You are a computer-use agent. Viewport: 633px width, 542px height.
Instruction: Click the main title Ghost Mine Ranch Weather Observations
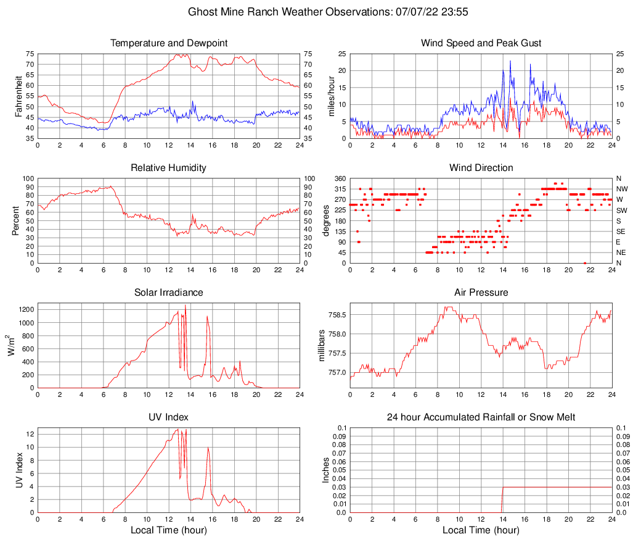[x=316, y=12]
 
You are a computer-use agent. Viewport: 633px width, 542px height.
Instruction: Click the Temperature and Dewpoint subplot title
[x=169, y=43]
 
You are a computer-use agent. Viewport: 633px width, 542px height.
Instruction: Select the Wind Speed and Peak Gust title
[x=481, y=43]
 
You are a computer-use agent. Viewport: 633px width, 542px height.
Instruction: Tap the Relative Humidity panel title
[x=169, y=168]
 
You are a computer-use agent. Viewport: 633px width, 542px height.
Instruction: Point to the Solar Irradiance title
[x=169, y=293]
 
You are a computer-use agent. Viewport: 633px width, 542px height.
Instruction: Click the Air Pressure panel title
[x=481, y=293]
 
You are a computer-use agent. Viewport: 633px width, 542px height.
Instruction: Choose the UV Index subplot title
[x=169, y=417]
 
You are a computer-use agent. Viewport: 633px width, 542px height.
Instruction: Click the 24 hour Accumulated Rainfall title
[x=481, y=417]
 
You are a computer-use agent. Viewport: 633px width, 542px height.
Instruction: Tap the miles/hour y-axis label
[x=331, y=96]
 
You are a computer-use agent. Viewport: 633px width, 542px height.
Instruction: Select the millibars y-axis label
[x=321, y=346]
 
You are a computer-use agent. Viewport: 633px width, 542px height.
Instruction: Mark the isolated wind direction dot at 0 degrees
[x=584, y=263]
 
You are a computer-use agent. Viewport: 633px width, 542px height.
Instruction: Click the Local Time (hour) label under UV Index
[x=169, y=530]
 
